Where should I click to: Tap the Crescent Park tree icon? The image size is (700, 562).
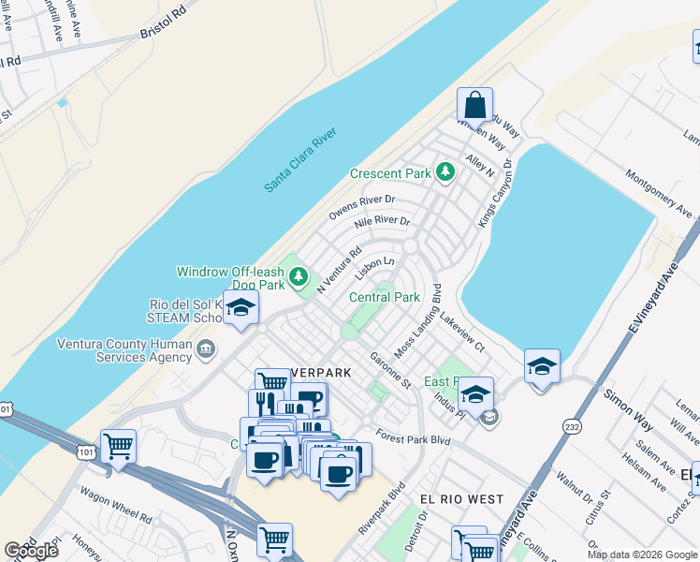point(445,171)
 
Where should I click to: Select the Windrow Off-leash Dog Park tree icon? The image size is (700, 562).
point(299,275)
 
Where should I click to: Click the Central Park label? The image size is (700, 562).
point(384,297)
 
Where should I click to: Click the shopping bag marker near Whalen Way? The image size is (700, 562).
point(475,106)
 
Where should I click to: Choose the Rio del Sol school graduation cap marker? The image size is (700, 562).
point(241,309)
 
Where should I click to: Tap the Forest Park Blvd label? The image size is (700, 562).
point(413,437)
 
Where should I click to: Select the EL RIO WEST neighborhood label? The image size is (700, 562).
point(460,499)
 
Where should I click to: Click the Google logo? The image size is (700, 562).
point(31,550)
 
